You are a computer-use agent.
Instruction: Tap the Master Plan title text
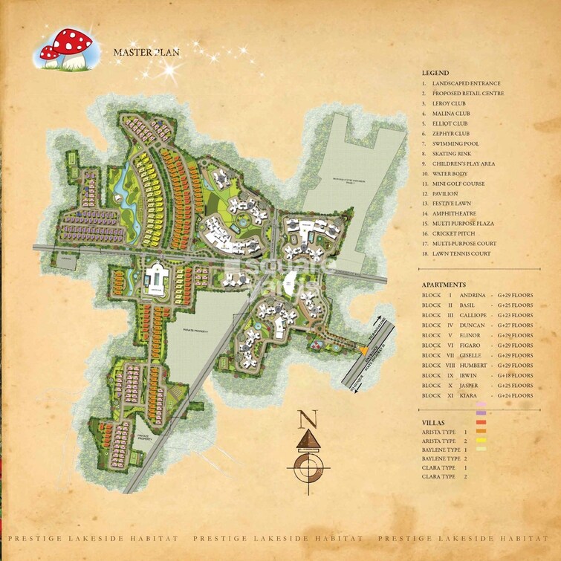146,53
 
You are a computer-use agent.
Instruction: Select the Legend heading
435,73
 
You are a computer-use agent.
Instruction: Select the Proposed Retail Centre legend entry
468,93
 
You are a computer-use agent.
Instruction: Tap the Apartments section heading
444,285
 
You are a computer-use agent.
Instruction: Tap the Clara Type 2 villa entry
444,476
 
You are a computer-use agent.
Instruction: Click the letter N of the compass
302,421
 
